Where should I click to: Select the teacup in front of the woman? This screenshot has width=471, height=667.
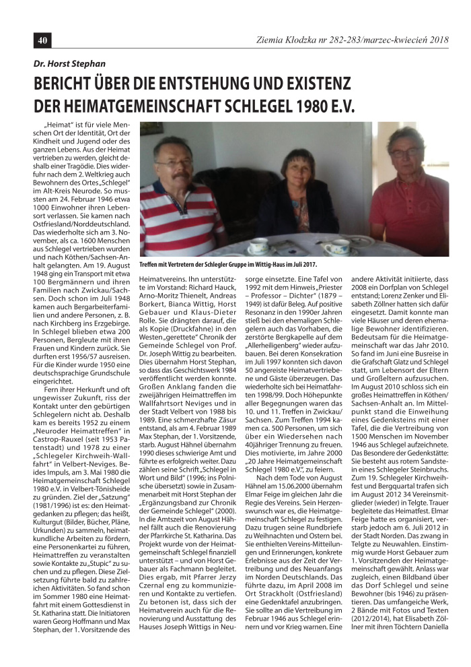(x=336, y=249)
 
